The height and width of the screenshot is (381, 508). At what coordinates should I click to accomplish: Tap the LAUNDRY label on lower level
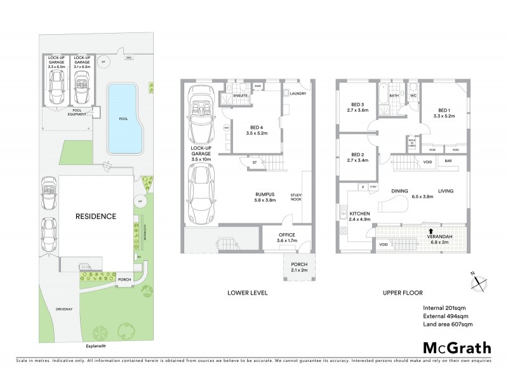(299, 94)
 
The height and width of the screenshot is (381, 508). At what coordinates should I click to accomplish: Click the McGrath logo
(457, 347)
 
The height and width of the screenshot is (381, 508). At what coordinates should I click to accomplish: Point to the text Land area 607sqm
(448, 324)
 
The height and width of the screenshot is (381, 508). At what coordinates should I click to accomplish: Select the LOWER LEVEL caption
(248, 293)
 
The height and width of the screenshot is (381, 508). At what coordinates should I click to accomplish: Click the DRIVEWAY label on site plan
(63, 310)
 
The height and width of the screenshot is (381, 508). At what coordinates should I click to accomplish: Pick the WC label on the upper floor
(413, 96)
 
